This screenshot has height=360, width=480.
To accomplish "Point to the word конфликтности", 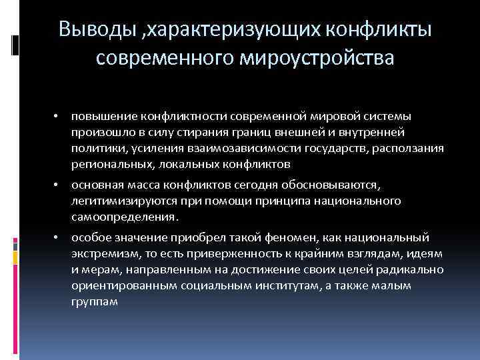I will tap(172, 118).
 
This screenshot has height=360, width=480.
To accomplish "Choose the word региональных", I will tap(109, 164).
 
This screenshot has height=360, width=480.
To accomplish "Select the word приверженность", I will tap(239, 253).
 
